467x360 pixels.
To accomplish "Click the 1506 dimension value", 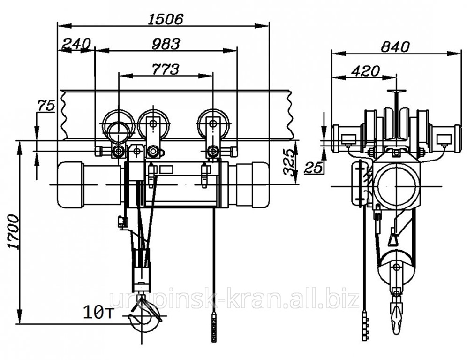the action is click(166, 19).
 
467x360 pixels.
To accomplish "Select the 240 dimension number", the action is click(76, 44).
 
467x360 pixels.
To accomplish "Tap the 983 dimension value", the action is click(166, 44).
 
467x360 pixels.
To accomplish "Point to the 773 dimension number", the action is click(166, 69).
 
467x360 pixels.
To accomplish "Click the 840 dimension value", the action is click(396, 47).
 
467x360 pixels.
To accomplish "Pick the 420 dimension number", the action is click(365, 71).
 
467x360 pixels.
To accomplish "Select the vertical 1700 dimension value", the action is click(14, 231).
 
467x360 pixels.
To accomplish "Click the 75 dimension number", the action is click(46, 106).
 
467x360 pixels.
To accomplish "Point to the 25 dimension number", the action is click(313, 168).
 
